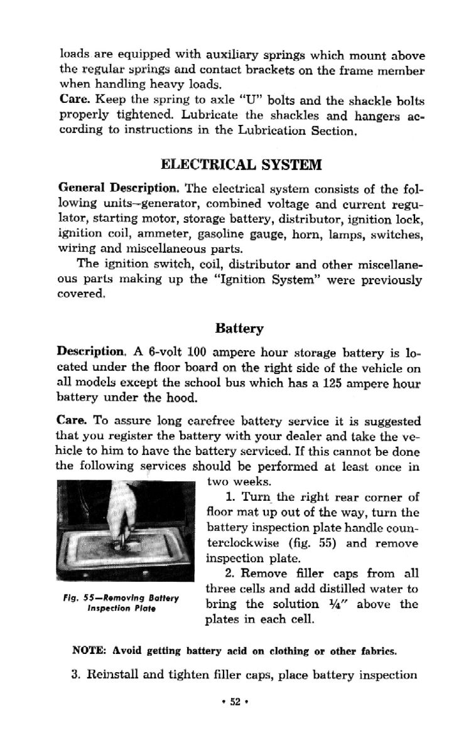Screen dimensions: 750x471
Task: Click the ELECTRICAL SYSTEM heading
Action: point(242,165)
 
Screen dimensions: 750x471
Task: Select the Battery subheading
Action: point(239,328)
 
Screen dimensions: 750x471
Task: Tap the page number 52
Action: point(235,702)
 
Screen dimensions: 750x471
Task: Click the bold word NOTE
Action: point(90,651)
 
